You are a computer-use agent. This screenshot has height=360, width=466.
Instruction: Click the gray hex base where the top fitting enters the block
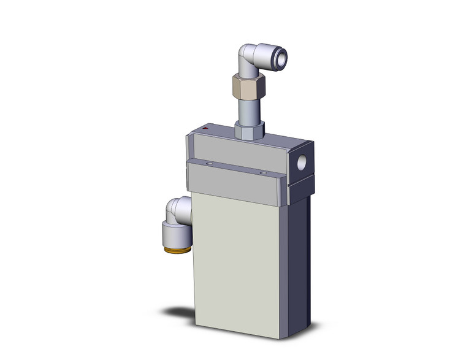point(249,130)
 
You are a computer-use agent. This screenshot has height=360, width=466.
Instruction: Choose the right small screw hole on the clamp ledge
point(263,174)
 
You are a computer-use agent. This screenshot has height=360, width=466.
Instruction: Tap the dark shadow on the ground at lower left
point(181,312)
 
